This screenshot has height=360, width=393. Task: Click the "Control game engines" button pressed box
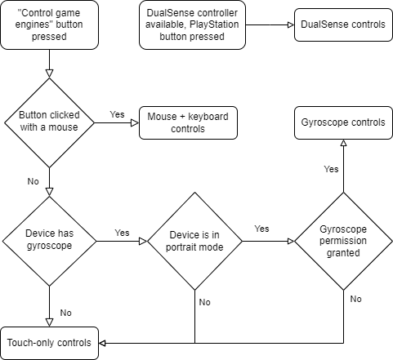(50, 24)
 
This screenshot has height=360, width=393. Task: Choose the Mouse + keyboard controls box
(188, 122)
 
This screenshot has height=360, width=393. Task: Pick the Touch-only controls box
(49, 343)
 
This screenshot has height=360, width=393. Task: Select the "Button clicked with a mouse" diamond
(50, 122)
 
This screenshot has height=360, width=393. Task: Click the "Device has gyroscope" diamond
(50, 239)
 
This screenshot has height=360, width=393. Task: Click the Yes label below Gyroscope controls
(331, 170)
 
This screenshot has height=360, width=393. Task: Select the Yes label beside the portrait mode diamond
(261, 229)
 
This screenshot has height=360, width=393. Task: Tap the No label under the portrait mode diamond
(204, 302)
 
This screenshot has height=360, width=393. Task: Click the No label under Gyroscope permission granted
(355, 300)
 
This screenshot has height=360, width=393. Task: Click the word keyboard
(208, 116)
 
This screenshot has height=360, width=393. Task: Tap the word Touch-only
(30, 343)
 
